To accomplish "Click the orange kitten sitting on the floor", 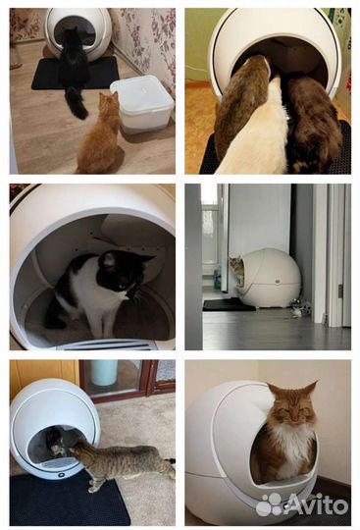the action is [100, 135].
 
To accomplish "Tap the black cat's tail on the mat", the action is [76, 102].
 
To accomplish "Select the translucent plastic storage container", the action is [142, 104].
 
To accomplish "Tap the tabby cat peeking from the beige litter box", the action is [237, 270].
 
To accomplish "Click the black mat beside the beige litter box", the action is [228, 305].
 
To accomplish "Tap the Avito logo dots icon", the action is [269, 504].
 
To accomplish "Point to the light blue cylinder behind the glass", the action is [104, 372].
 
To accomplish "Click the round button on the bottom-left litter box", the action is [62, 475].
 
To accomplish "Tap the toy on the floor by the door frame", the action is [300, 308].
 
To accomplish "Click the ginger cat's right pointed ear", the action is [310, 388].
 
